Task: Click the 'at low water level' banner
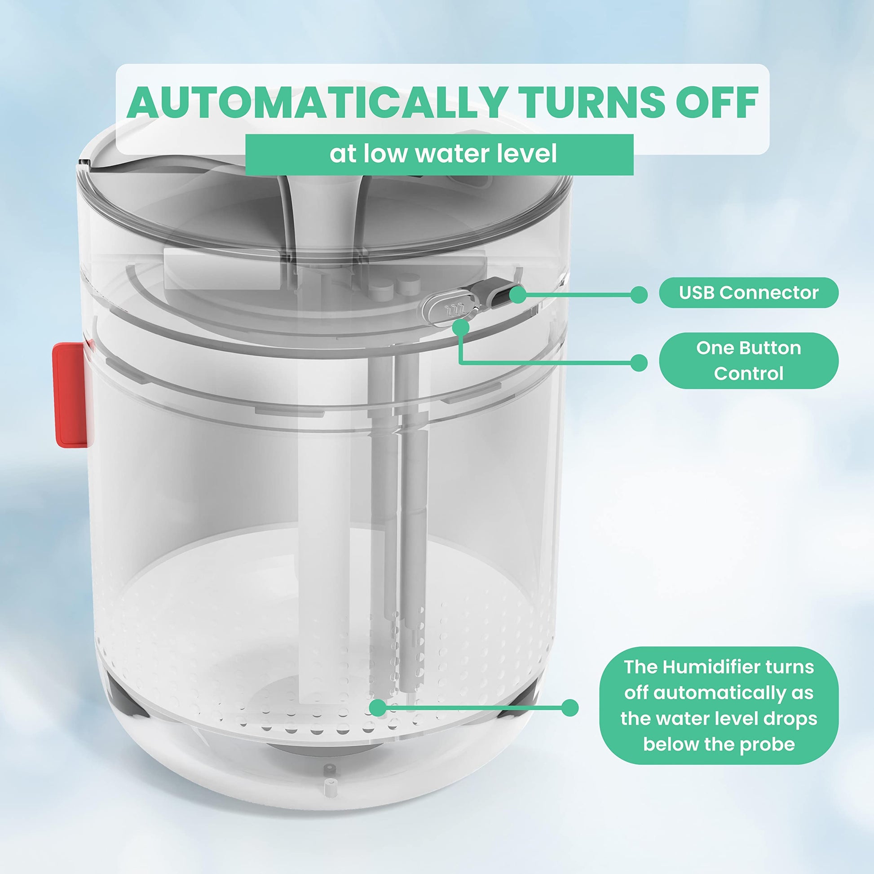[x=439, y=154]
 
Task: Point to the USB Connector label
[x=748, y=293]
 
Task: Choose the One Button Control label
[x=748, y=361]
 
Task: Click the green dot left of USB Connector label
[x=638, y=295]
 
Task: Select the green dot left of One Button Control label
[x=638, y=363]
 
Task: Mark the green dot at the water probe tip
[x=378, y=708]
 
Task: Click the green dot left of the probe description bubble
[x=570, y=708]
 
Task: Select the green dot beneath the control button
[x=460, y=327]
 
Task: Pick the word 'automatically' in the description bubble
[x=719, y=693]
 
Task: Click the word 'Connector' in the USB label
[x=769, y=293]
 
